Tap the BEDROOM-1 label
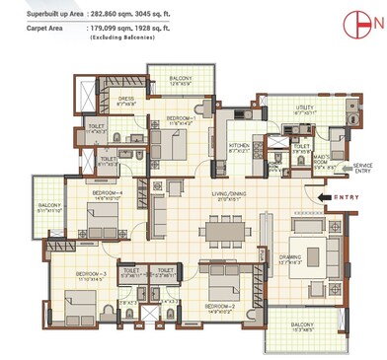(x=180, y=118)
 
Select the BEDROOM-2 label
(x=219, y=306)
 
